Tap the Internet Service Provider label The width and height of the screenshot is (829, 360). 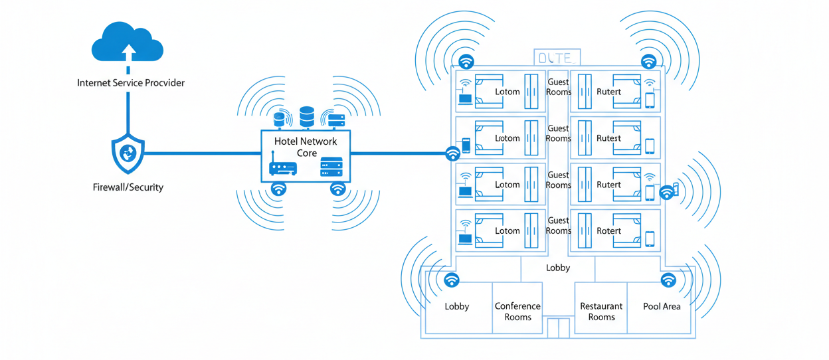pyautogui.click(x=131, y=83)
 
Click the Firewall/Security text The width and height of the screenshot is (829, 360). pyautogui.click(x=128, y=187)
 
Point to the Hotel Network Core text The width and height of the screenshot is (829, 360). pyautogui.click(x=306, y=147)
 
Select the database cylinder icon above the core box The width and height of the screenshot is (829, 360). pyautogui.click(x=306, y=117)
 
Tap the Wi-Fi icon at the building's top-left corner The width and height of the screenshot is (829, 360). pyautogui.click(x=467, y=61)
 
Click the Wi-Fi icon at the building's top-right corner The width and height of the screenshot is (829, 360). pyautogui.click(x=648, y=61)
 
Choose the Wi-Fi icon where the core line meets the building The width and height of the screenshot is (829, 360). pyautogui.click(x=452, y=153)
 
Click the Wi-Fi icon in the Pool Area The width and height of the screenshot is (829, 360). pyautogui.click(x=668, y=280)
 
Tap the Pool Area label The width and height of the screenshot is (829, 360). pyautogui.click(x=662, y=306)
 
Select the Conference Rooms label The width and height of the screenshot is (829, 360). pyautogui.click(x=517, y=312)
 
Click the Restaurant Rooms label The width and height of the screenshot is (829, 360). pyautogui.click(x=601, y=312)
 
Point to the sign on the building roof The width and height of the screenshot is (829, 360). pyautogui.click(x=557, y=58)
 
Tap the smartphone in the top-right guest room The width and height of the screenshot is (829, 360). pyautogui.click(x=650, y=100)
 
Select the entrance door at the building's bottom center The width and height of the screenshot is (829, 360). pyautogui.click(x=559, y=327)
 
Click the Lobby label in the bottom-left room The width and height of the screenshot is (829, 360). pyautogui.click(x=457, y=306)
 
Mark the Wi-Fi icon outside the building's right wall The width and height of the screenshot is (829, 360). pyautogui.click(x=667, y=193)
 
